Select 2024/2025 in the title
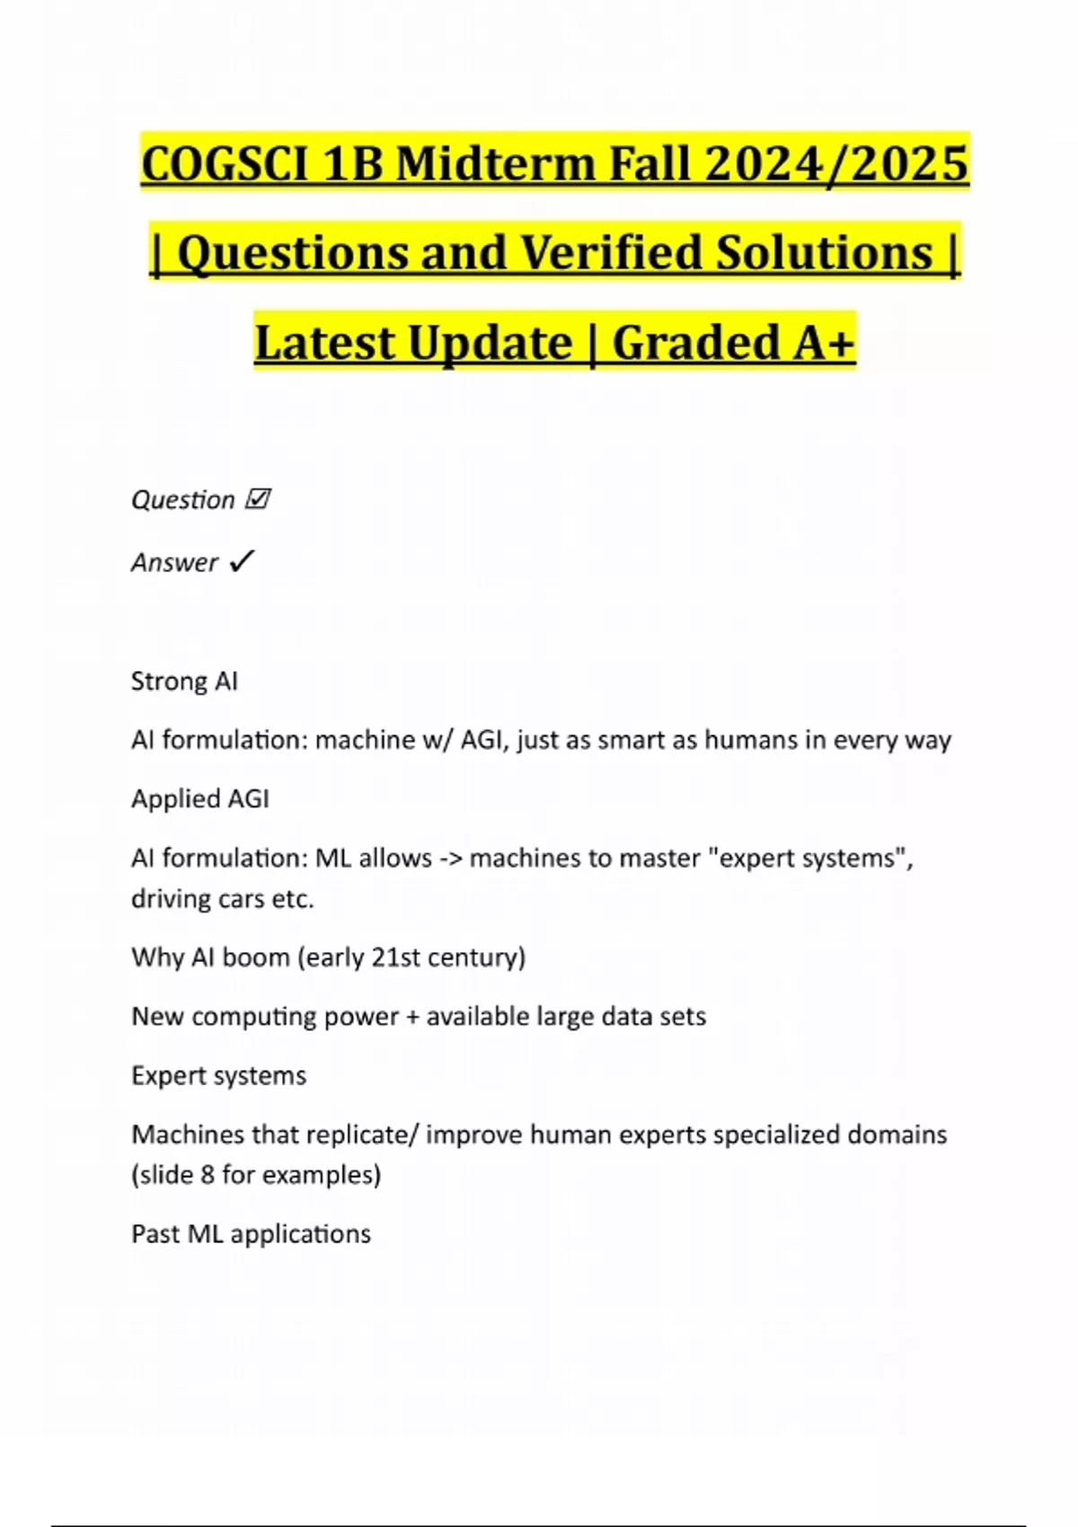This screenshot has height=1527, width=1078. tap(836, 164)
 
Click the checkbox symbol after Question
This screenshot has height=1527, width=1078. tap(258, 499)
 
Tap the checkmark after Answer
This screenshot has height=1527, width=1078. tap(242, 561)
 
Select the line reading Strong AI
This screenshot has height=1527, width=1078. tap(184, 681)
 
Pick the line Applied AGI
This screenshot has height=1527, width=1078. tap(199, 799)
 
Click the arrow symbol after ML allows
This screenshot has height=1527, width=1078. tap(449, 858)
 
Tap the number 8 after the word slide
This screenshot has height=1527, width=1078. tap(208, 1174)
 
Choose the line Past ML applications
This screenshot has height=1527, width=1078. tap(251, 1233)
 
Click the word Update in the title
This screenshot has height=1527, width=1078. tap(490, 342)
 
